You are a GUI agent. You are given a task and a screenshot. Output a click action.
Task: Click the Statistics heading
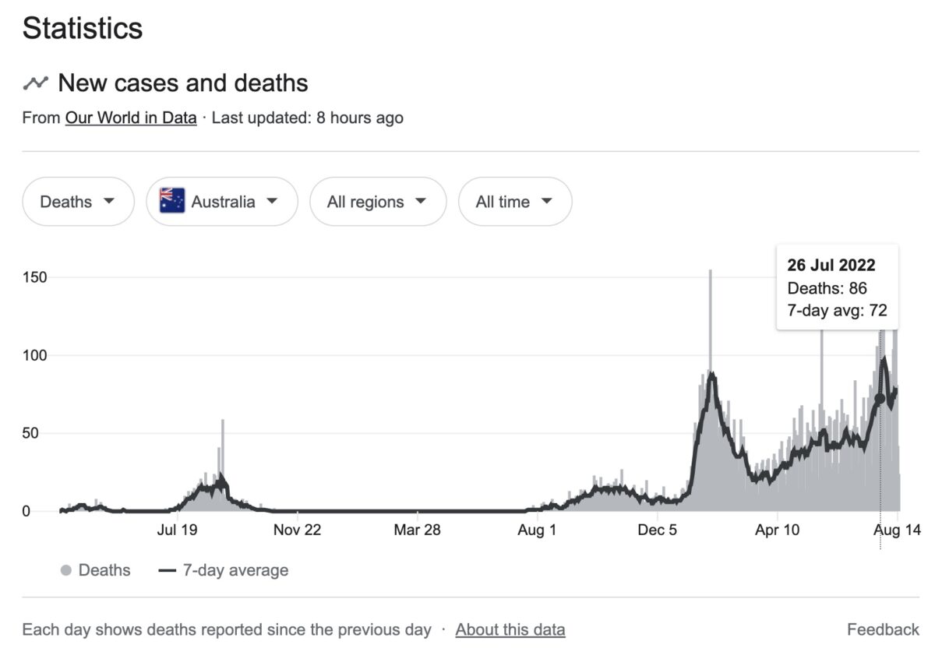pyautogui.click(x=83, y=29)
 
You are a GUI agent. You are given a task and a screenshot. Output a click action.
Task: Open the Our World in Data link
pyautogui.click(x=131, y=118)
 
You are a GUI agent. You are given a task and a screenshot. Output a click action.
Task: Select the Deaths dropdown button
pyautogui.click(x=78, y=202)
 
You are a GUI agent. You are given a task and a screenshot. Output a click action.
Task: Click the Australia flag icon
pyautogui.click(x=172, y=201)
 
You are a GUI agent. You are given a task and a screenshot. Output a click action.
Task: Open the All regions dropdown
pyautogui.click(x=377, y=202)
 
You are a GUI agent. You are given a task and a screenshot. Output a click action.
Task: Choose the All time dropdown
pyautogui.click(x=514, y=202)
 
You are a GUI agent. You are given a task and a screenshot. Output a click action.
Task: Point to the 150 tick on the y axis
pyautogui.click(x=36, y=278)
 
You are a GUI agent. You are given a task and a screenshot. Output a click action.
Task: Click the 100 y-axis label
pyautogui.click(x=36, y=356)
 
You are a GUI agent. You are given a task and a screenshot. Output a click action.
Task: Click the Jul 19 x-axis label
pyautogui.click(x=178, y=530)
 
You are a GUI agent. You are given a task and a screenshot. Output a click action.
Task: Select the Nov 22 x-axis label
pyautogui.click(x=298, y=530)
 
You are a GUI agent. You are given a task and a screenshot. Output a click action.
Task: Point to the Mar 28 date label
pyautogui.click(x=418, y=530)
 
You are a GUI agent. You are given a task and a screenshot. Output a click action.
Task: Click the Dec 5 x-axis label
pyautogui.click(x=657, y=530)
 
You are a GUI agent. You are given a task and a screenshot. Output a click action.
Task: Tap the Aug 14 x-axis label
pyautogui.click(x=897, y=530)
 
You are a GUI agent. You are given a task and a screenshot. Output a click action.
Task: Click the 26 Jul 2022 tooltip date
pyautogui.click(x=831, y=265)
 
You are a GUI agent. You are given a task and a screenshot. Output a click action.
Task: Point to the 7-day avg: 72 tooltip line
pyautogui.click(x=837, y=312)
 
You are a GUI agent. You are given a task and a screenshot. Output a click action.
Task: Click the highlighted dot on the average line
pyautogui.click(x=880, y=398)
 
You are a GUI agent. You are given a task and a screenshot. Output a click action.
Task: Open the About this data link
pyautogui.click(x=510, y=629)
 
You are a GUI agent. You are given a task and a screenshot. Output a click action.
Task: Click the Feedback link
pyautogui.click(x=883, y=629)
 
